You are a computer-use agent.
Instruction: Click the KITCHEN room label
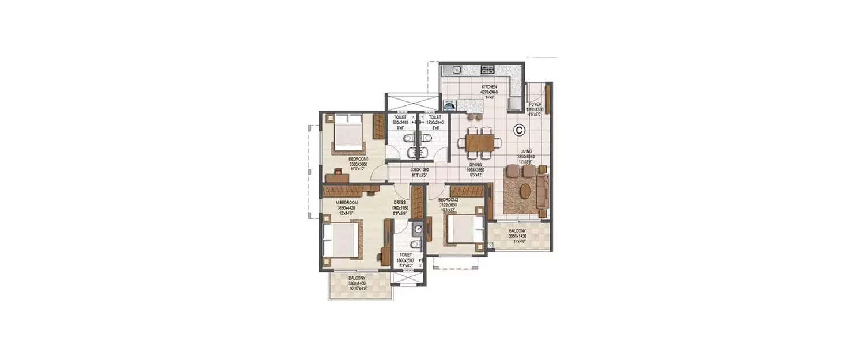pyautogui.click(x=490, y=86)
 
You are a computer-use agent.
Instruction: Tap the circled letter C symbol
pyautogui.click(x=519, y=130)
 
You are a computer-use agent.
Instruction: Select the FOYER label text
pyautogui.click(x=536, y=104)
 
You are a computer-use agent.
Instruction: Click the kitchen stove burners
pyautogui.click(x=488, y=70)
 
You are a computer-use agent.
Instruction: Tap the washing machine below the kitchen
pyautogui.click(x=450, y=105)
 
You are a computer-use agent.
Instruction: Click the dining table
pyautogui.click(x=479, y=142)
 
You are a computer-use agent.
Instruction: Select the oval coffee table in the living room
pyautogui.click(x=524, y=190)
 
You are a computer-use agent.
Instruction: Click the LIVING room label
pyautogui.click(x=524, y=151)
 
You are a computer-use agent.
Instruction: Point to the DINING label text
pyautogui.click(x=475, y=164)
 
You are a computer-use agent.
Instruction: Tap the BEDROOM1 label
pyautogui.click(x=358, y=158)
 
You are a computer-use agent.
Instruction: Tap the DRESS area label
pyautogui.click(x=400, y=203)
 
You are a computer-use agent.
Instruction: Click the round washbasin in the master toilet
pyautogui.click(x=418, y=229)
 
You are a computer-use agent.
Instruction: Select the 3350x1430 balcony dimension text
pyautogui.click(x=516, y=236)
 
